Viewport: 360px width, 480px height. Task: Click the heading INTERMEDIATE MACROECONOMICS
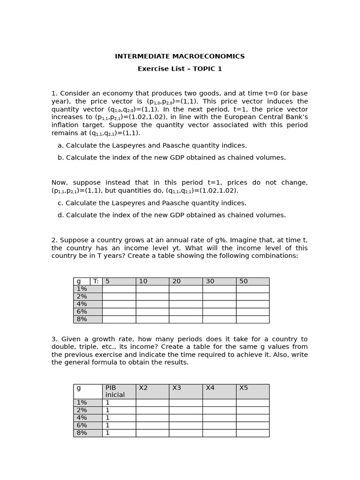pos(180,57)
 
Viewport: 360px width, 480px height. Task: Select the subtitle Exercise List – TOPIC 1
pos(180,69)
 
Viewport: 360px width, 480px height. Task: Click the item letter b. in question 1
pos(61,158)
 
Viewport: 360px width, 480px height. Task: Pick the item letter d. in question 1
pos(61,216)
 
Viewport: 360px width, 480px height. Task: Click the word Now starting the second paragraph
pos(59,183)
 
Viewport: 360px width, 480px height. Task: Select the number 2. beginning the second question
pos(54,240)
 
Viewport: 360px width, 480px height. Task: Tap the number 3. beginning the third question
pos(54,339)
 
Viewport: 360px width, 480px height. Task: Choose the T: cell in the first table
pos(96,281)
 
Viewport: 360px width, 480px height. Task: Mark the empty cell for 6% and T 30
pos(219,312)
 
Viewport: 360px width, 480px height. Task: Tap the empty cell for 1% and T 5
pos(119,289)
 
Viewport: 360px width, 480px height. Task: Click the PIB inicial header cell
pos(119,391)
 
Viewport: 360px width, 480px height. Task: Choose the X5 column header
pos(252,391)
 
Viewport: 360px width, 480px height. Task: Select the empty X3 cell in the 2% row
pos(185,410)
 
